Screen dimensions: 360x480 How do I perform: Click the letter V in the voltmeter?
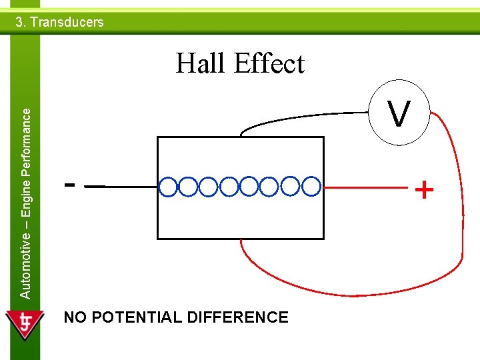[x=399, y=114]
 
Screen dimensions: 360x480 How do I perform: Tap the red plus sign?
[x=424, y=191]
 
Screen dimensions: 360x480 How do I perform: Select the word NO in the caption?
[x=75, y=317]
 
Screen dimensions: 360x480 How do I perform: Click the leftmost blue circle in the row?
[x=169, y=187]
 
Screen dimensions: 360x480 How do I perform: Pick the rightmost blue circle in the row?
[x=311, y=187]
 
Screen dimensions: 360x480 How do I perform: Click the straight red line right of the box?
[x=367, y=187]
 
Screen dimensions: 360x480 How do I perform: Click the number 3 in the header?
[x=19, y=22]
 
